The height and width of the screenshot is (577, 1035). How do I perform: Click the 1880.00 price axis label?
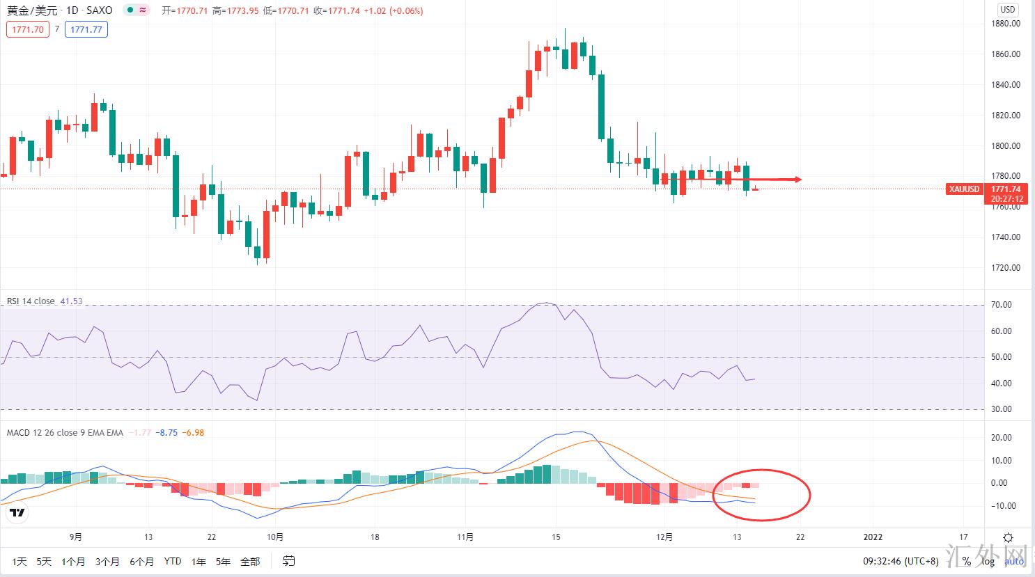pos(1005,24)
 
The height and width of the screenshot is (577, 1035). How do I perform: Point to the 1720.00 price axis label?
pos(1005,268)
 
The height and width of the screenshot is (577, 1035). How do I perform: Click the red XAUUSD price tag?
pos(964,189)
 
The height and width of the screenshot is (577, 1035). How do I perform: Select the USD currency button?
pos(1008,10)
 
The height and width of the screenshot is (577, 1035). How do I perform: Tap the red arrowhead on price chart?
pos(797,180)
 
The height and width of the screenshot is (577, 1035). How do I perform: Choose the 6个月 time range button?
pos(141,562)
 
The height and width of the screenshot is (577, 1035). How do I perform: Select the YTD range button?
pos(173,562)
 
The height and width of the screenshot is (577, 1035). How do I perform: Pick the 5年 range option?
pos(223,562)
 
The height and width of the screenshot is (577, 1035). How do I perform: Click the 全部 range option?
pos(250,562)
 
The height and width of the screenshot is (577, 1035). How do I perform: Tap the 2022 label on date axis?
pos(873,537)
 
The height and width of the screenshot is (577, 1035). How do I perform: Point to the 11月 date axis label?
pos(465,537)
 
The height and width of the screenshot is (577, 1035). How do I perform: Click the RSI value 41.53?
pos(71,301)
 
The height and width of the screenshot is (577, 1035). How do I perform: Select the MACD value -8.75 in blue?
pos(166,433)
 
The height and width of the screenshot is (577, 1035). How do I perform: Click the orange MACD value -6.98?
pos(193,433)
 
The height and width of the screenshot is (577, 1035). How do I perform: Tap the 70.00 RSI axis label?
pos(1002,305)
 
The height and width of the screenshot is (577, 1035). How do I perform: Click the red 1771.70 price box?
pos(28,29)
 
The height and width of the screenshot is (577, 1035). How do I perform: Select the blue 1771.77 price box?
pos(86,29)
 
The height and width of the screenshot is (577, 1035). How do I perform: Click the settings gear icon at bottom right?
pos(1008,537)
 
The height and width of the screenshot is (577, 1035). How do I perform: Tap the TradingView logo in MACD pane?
pos(17,513)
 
